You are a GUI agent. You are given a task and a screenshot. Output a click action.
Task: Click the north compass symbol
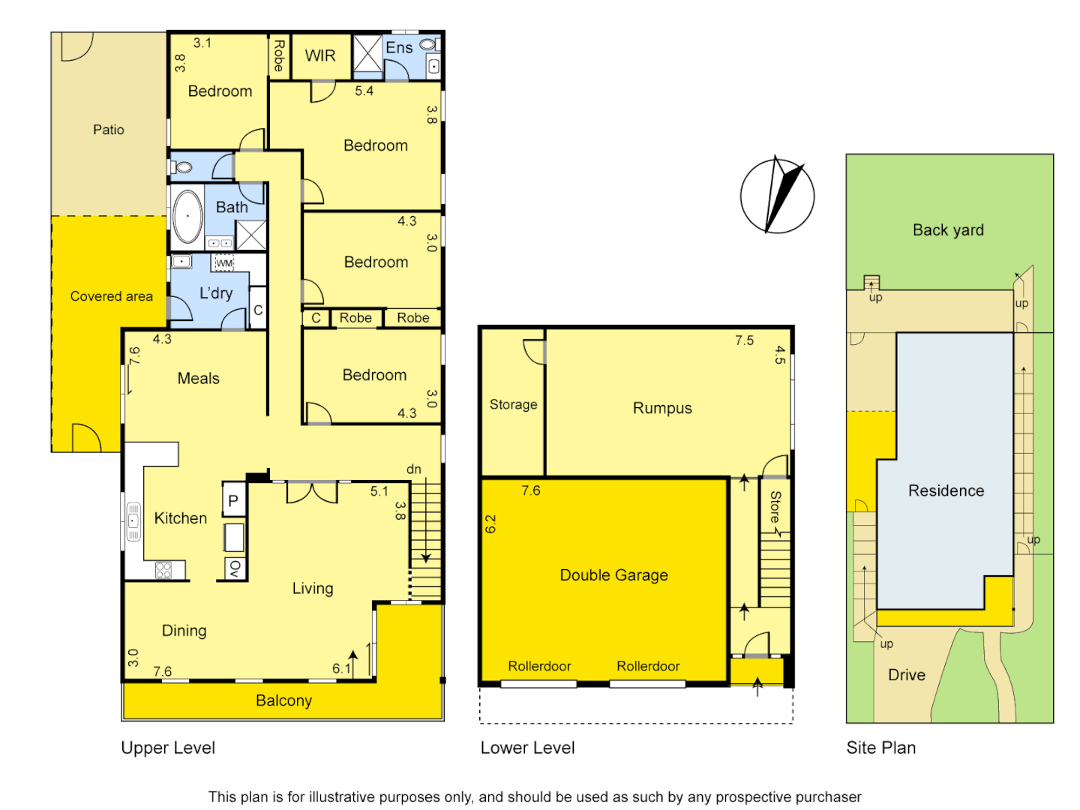coord(777,196)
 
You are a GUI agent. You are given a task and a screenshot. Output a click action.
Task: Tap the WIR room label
coord(320,55)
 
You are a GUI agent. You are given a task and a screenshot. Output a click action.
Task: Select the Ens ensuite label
coord(399,48)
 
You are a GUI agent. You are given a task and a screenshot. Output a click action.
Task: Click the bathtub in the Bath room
coord(187,216)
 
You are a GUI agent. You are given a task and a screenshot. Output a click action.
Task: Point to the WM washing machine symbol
coord(224,263)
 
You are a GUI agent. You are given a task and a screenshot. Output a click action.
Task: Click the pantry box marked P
coord(233,500)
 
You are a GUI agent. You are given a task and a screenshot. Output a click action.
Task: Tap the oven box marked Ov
coord(234,568)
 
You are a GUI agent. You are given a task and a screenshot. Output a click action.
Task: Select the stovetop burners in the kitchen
coord(163,570)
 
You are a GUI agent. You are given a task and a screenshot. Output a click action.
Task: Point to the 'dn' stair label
coord(414,469)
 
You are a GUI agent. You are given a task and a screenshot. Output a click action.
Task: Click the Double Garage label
coord(613,575)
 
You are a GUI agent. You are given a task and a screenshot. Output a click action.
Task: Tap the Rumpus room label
coord(662,408)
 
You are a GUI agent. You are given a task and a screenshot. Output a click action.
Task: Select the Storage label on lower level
coord(513,404)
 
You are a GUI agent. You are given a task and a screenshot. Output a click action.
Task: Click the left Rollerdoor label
coord(539,666)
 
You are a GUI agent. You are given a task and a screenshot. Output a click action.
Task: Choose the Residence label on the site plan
coord(946,490)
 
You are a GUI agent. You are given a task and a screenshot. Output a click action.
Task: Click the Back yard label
coord(948,230)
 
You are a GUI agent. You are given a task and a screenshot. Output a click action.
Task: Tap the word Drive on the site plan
coord(907,675)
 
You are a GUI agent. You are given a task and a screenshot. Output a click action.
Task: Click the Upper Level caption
coord(168,748)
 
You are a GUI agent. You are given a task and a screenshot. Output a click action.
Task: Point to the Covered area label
coord(111,296)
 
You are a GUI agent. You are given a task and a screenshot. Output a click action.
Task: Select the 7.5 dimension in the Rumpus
coord(744,340)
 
